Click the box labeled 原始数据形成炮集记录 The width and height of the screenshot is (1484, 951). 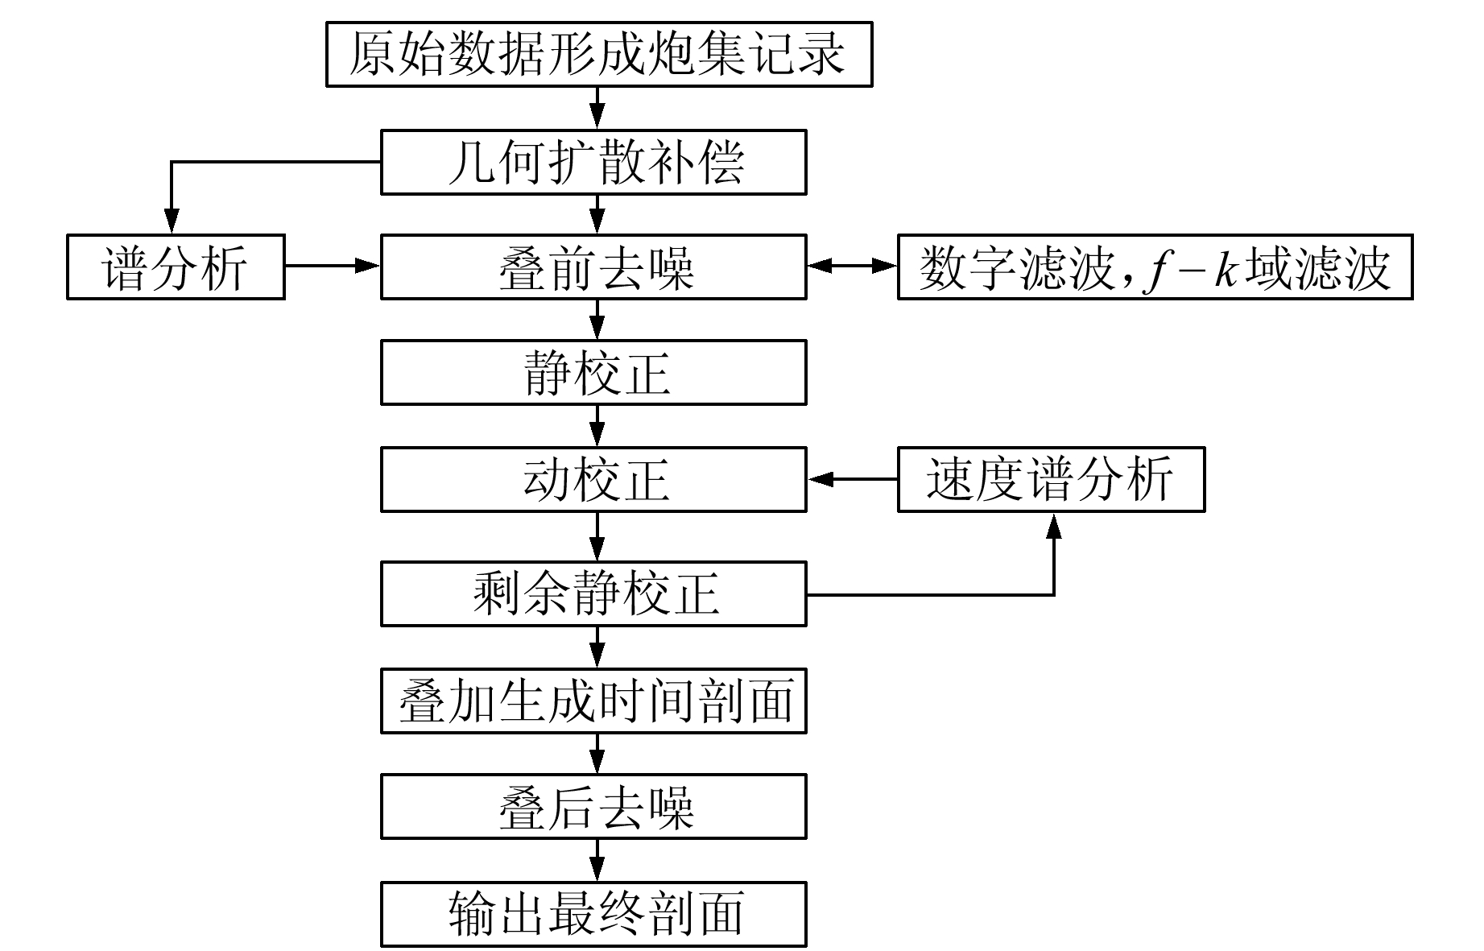(599, 54)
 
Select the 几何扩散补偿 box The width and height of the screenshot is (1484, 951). (593, 162)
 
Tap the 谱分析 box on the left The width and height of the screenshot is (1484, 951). (176, 267)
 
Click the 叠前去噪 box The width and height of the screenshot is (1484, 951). (593, 267)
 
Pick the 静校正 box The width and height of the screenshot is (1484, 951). (593, 372)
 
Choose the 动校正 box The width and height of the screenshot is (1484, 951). (593, 479)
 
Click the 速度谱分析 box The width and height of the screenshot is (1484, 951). (1051, 479)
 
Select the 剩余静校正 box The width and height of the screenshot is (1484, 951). (593, 594)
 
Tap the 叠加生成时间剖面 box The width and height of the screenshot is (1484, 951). (593, 701)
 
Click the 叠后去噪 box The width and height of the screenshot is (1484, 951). (593, 807)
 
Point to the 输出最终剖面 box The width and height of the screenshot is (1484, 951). (593, 914)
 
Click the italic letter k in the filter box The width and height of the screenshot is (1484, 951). (1226, 267)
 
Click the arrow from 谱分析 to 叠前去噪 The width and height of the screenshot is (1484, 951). (333, 266)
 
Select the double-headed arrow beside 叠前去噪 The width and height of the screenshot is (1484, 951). (853, 266)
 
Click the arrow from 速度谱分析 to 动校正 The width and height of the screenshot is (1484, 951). (853, 479)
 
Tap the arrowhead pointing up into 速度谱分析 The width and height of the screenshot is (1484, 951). (1053, 524)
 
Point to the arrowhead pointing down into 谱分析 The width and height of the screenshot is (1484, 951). (171, 221)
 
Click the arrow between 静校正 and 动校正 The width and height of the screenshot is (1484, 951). (597, 426)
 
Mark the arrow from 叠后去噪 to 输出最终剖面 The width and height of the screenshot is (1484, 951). (597, 860)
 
